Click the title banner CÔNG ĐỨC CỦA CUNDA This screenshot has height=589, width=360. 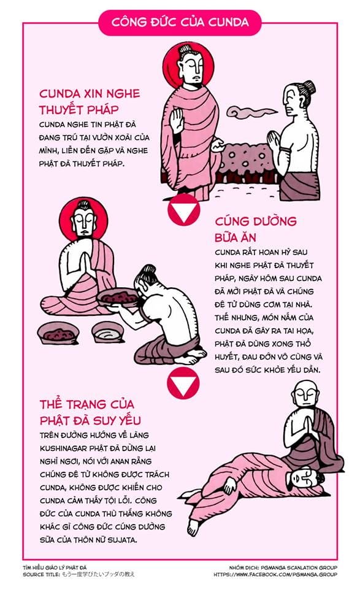180,22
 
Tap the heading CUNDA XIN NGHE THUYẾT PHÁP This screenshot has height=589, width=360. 90,102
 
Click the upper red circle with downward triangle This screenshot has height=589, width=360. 184,210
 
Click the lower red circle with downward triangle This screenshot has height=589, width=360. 183,384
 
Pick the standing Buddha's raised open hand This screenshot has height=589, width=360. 177,119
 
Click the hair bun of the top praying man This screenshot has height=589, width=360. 308,87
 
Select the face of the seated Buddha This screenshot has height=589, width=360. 82,221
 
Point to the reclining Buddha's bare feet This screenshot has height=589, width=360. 194,525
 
